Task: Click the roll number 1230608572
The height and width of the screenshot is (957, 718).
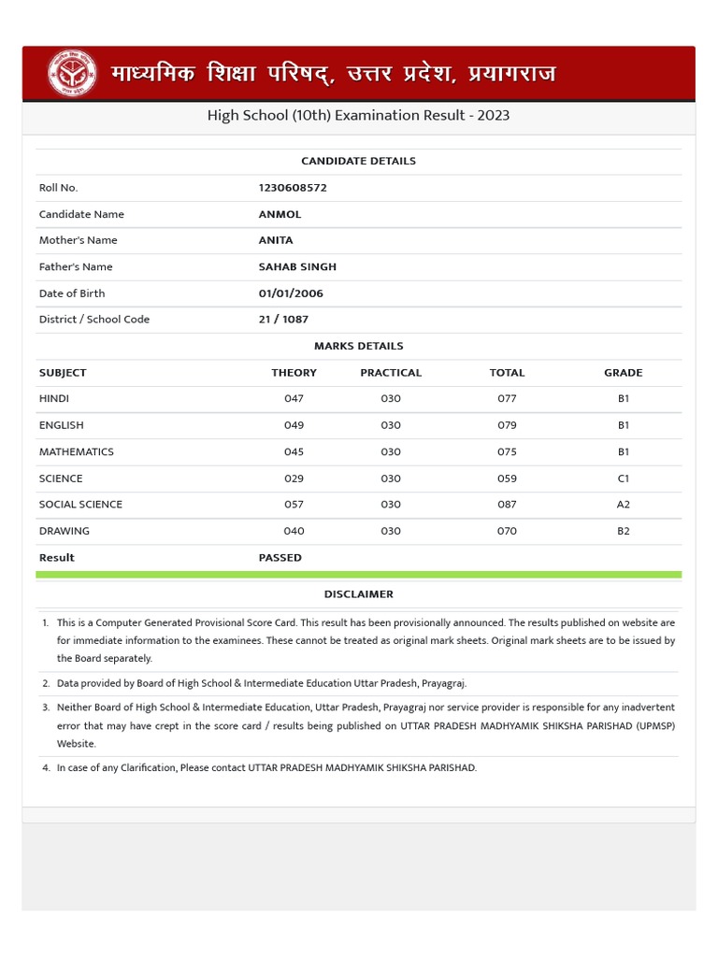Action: [293, 188]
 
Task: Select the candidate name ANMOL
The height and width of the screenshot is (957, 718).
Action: [280, 214]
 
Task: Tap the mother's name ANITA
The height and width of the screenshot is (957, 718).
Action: [276, 240]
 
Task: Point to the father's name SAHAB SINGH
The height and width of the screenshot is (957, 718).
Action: [297, 266]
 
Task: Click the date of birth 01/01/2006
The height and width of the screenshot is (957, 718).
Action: [291, 293]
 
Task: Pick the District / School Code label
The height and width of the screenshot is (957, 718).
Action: [94, 320]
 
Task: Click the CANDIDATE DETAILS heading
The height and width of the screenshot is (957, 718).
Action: [358, 161]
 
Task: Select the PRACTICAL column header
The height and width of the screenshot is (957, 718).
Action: [391, 373]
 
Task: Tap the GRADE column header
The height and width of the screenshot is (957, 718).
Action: [623, 373]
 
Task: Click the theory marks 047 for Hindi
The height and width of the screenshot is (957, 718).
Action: [294, 399]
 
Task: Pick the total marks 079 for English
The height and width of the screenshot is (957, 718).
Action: [507, 425]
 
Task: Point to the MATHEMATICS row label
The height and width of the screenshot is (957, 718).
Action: [77, 452]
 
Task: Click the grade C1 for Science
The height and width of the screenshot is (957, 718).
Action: [623, 478]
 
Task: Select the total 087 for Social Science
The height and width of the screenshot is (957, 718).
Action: [507, 505]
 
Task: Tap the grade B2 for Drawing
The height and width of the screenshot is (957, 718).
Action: [623, 531]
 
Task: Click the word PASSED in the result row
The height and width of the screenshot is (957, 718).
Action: [280, 558]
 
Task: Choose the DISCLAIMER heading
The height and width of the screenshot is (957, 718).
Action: [358, 594]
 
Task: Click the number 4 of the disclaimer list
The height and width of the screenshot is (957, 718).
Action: [45, 768]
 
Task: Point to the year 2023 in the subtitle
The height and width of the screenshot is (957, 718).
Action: [493, 116]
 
